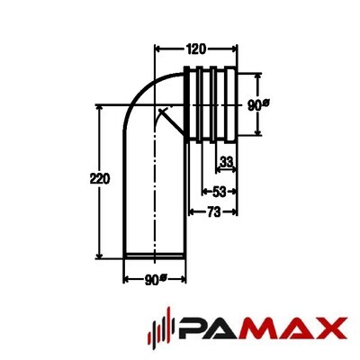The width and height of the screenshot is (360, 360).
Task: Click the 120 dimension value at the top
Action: (196, 49)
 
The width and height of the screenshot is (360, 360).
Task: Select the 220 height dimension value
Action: (100, 179)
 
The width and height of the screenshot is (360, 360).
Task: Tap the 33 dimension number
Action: (226, 162)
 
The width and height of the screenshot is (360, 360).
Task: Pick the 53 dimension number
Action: (219, 192)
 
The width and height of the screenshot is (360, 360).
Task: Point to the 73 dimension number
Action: (213, 212)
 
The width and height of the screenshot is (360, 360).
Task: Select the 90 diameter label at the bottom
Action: (156, 280)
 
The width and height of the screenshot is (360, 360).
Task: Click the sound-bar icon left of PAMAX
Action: (162, 328)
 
